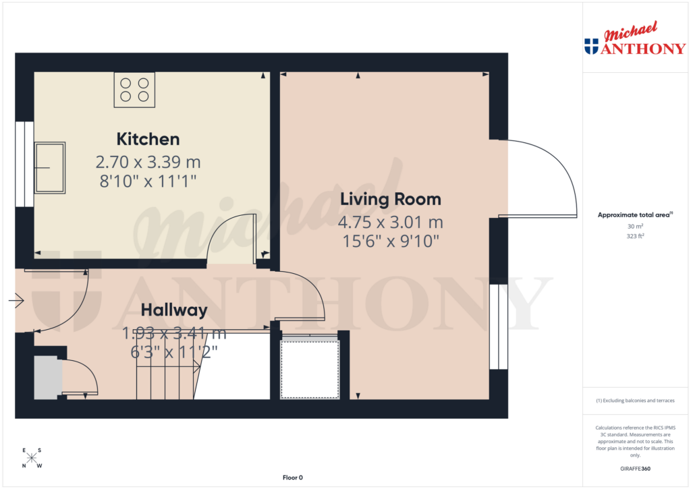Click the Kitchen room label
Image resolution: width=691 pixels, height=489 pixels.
pos(148,140)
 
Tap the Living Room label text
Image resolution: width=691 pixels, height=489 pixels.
pos(390,200)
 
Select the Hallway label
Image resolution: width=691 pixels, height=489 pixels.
pos(174,310)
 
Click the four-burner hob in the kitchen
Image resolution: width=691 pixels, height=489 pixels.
pos(134,90)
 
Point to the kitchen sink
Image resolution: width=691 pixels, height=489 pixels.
pos(50,167)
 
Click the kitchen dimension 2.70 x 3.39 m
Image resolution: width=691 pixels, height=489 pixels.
pos(148,163)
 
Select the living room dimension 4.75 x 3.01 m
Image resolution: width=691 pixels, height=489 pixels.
pos(390,223)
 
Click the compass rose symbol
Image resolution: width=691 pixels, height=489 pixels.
pos(32,459)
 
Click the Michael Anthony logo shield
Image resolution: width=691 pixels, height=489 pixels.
pos(591,47)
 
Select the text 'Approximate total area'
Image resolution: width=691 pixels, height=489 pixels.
pos(633,215)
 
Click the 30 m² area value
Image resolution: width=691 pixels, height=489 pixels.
pos(634,227)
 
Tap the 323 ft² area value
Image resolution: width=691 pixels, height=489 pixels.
pos(634,236)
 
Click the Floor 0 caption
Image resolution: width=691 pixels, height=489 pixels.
pos(292,478)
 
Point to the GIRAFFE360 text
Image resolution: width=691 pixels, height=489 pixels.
pos(636,468)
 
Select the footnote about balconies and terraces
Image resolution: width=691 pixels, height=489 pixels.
pos(635,401)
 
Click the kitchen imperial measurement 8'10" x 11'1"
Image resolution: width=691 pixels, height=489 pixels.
pos(148,181)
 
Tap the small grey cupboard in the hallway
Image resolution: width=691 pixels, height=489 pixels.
pos(47,376)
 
